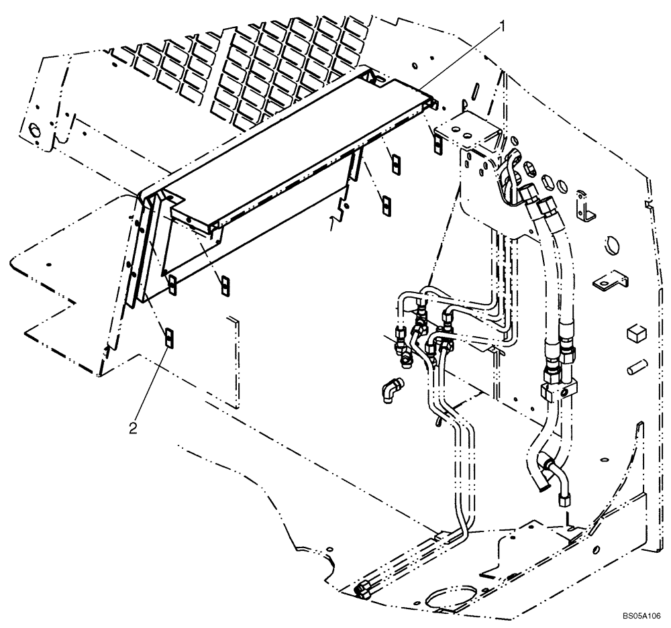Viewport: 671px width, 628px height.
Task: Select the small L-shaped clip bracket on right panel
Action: pos(588,209)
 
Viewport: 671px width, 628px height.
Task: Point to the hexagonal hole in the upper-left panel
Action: pos(32,129)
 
